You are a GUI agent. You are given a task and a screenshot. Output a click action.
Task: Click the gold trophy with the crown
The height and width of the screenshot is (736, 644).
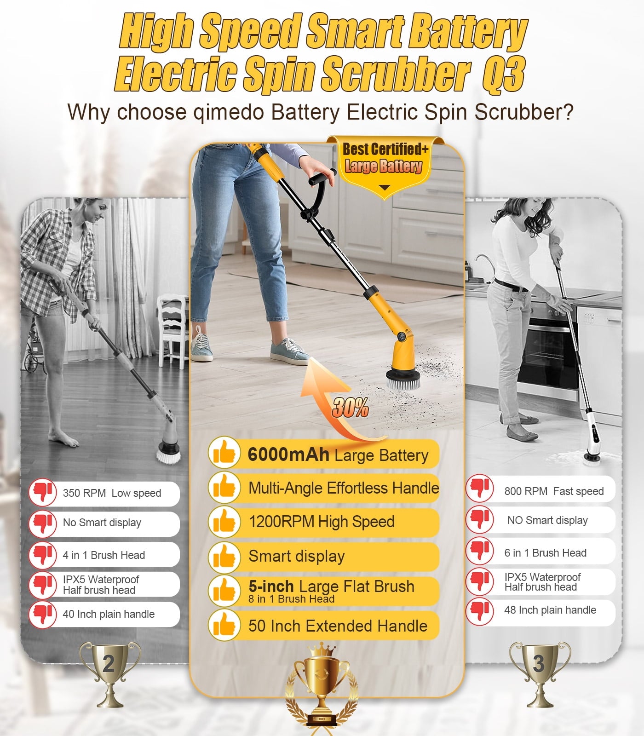click(x=322, y=688)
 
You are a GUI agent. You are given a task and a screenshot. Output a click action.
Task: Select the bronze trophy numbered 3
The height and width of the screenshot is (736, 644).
click(x=540, y=673)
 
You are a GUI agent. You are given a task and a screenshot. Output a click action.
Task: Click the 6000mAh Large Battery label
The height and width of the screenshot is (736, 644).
click(x=338, y=455)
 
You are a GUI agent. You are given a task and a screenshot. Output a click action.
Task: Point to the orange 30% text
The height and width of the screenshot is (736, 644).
click(x=351, y=407)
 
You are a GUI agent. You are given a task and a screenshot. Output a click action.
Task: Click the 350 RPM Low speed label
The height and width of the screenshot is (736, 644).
click(x=112, y=493)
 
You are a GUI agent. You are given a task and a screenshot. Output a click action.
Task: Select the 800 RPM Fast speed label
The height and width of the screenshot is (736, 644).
click(x=554, y=491)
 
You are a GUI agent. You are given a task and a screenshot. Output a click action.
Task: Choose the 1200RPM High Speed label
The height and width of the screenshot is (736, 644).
click(x=322, y=522)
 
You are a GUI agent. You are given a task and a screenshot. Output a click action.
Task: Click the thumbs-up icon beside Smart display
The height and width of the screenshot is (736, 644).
click(x=224, y=557)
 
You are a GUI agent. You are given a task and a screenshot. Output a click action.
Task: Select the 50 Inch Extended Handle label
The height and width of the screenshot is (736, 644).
click(x=338, y=626)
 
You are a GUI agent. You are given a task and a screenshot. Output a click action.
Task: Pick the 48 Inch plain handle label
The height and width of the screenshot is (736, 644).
click(x=550, y=610)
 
